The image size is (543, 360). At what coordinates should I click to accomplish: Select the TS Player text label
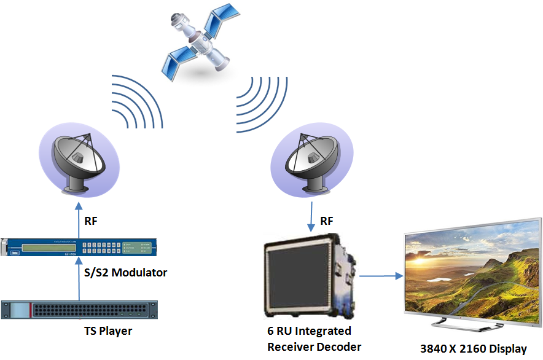[108, 332]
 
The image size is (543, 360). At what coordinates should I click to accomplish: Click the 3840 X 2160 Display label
[473, 349]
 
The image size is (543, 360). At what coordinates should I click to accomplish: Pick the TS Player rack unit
[80, 310]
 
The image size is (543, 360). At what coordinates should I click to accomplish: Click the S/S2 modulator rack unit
[79, 247]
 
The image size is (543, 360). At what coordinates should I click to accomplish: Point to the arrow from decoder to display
[380, 276]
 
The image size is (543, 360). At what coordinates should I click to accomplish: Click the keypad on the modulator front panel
[101, 248]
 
